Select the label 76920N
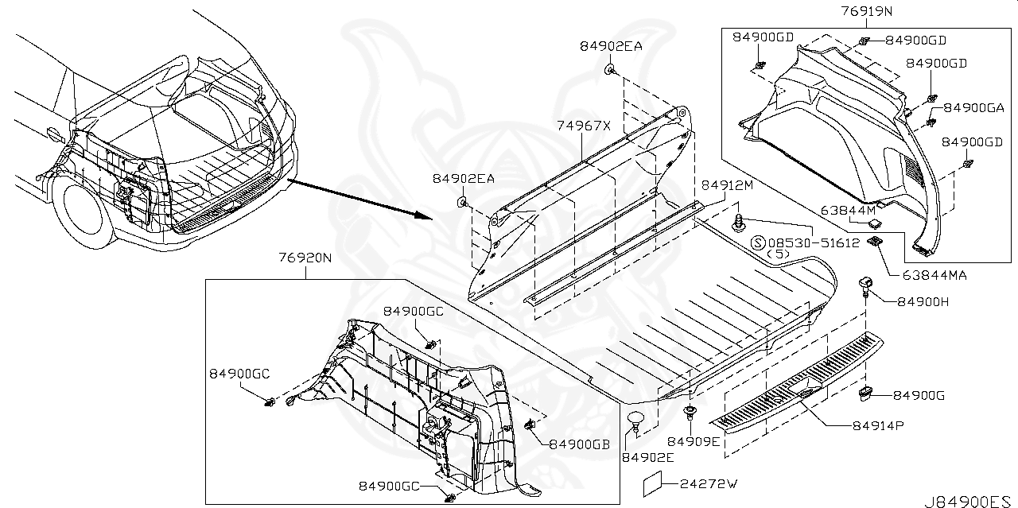coord(305,258)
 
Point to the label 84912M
coord(727,185)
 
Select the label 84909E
coord(694,441)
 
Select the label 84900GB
coord(579,444)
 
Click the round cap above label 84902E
coord(636,419)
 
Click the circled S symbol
coord(758,242)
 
